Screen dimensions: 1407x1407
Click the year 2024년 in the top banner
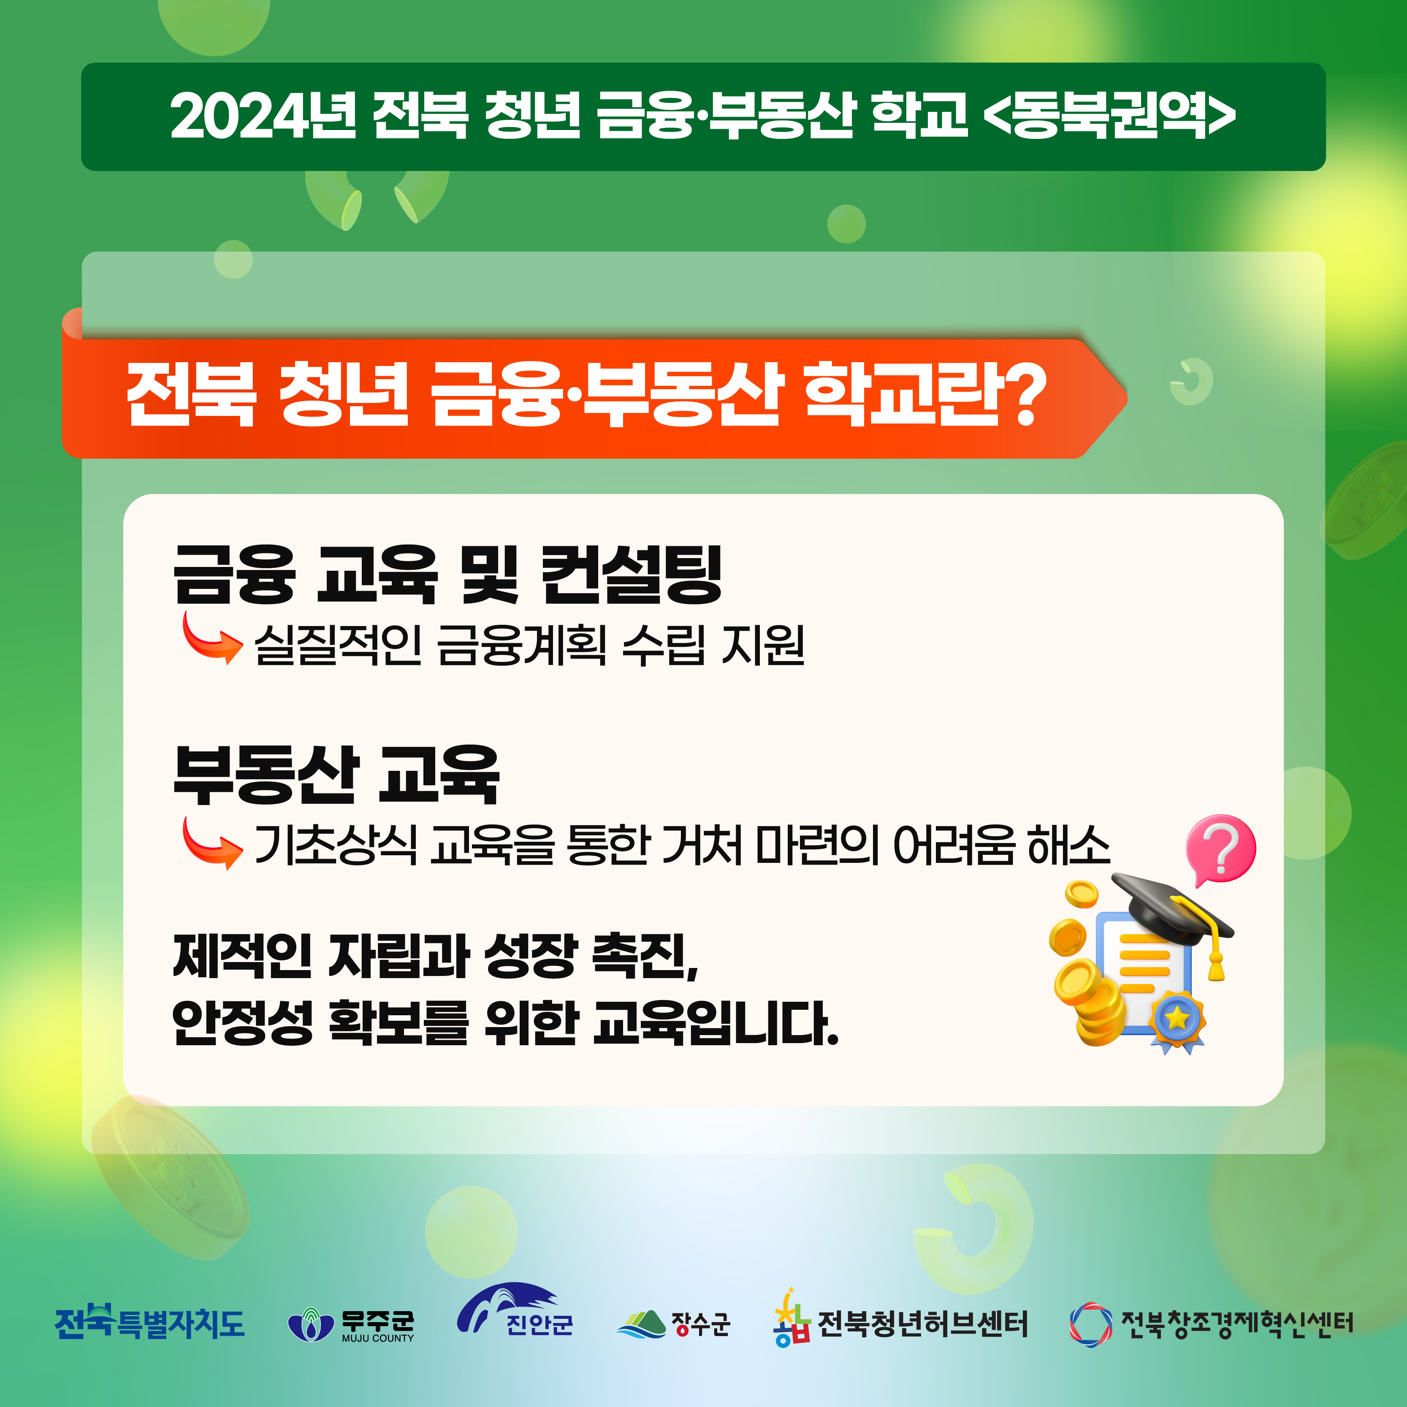pos(264,116)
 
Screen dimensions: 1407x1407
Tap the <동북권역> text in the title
pos(1110,116)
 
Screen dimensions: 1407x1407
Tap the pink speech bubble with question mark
pos(1220,849)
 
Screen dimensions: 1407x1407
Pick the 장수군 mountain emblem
pos(641,1324)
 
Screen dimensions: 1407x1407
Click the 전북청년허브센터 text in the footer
pos(923,1324)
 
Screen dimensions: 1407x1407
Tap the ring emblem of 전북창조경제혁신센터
pos(1091,1324)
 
